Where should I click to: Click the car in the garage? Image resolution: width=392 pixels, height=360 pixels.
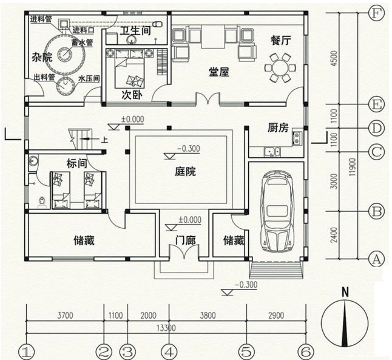click(277, 210)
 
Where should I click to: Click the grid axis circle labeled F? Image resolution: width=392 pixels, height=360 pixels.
click(377, 12)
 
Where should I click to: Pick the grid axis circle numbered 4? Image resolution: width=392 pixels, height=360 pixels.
click(169, 352)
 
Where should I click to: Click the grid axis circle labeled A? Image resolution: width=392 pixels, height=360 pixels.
click(377, 259)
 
